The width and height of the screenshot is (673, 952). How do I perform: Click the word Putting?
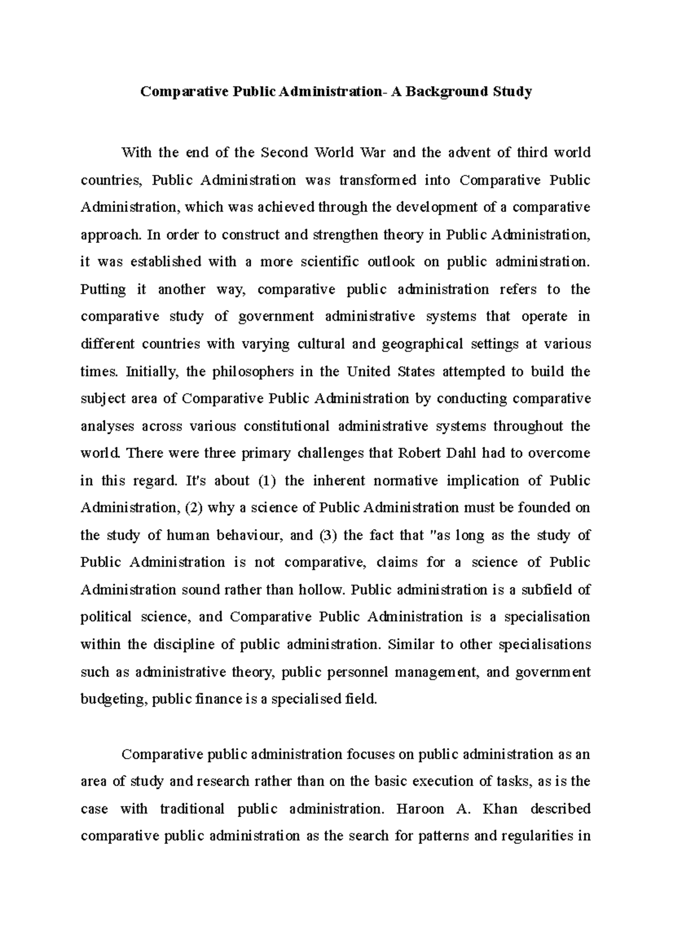click(104, 289)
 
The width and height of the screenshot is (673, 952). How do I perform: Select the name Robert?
click(419, 453)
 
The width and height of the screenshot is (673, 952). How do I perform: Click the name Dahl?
click(462, 453)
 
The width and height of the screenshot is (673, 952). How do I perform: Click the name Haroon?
click(420, 808)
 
